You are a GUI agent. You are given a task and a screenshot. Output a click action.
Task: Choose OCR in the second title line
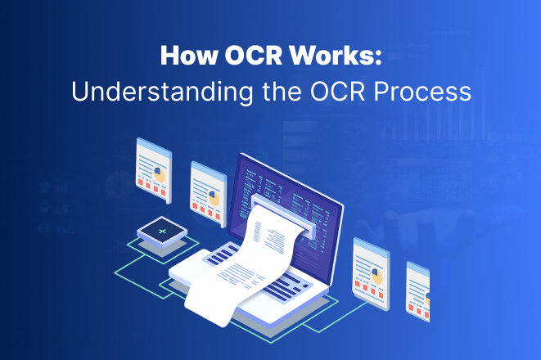(x=322, y=91)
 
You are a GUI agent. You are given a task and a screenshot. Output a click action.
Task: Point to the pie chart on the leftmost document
(x=160, y=174)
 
